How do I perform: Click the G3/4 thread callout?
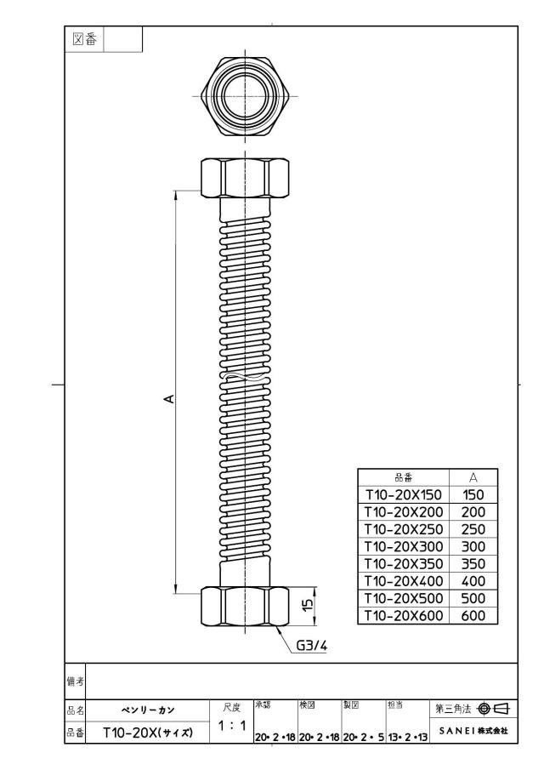click(x=311, y=645)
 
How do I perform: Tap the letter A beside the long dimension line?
click(x=169, y=399)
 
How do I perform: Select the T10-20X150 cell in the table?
click(x=403, y=494)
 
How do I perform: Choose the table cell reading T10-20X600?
click(x=403, y=615)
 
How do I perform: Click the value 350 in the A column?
click(x=473, y=564)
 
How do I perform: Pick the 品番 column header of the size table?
click(x=404, y=477)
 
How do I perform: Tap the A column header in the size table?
click(x=473, y=477)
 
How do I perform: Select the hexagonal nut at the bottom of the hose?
click(x=244, y=607)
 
